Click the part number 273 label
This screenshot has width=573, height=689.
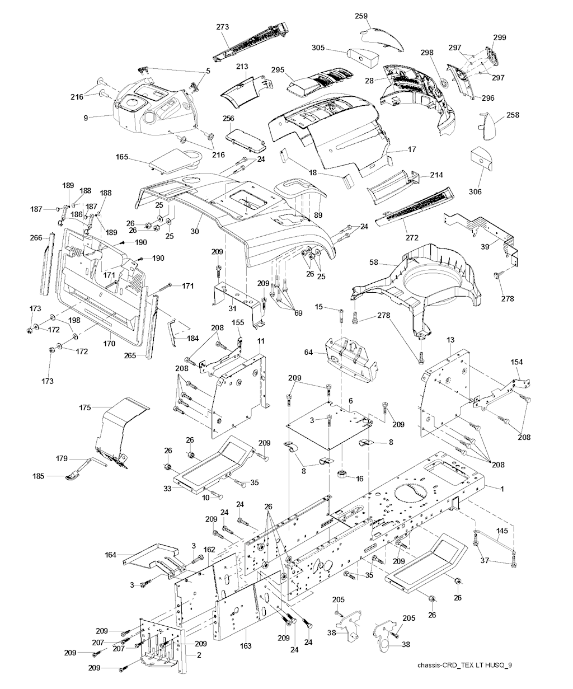223,26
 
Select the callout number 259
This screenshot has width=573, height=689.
361,17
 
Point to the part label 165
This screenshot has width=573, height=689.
122,158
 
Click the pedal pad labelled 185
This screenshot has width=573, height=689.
73,476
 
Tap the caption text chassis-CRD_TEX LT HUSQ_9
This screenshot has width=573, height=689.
464,665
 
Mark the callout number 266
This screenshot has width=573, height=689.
36,237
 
